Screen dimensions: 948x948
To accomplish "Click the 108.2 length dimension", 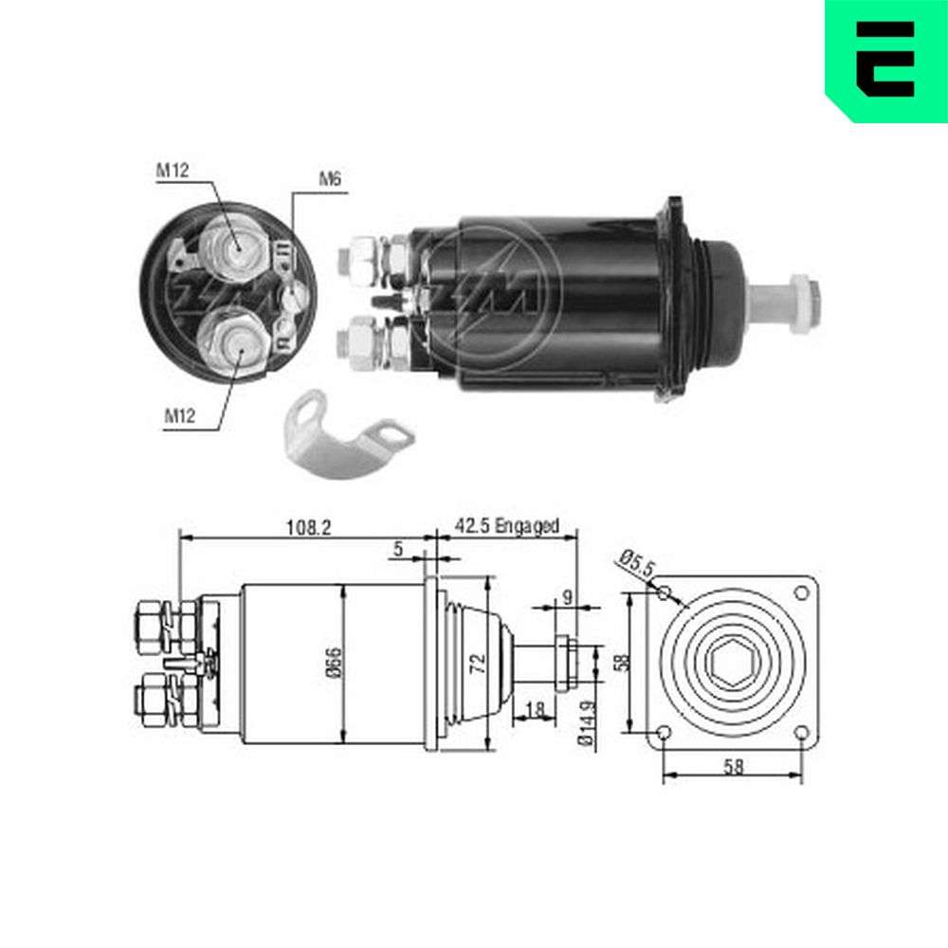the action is click(x=308, y=528).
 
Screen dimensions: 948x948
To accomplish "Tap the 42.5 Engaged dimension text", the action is click(x=506, y=526).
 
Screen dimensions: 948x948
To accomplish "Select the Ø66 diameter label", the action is click(x=334, y=663).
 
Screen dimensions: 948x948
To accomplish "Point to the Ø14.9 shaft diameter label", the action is click(x=586, y=722).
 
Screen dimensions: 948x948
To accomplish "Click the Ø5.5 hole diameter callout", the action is click(x=637, y=562).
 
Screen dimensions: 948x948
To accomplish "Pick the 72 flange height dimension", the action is click(x=478, y=664).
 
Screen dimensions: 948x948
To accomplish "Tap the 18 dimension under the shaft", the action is click(x=535, y=709).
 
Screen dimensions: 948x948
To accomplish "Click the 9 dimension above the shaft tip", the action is click(x=567, y=597).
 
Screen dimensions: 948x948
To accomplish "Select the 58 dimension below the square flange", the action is click(x=733, y=767).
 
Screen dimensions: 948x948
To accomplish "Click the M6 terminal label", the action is click(x=330, y=179).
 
